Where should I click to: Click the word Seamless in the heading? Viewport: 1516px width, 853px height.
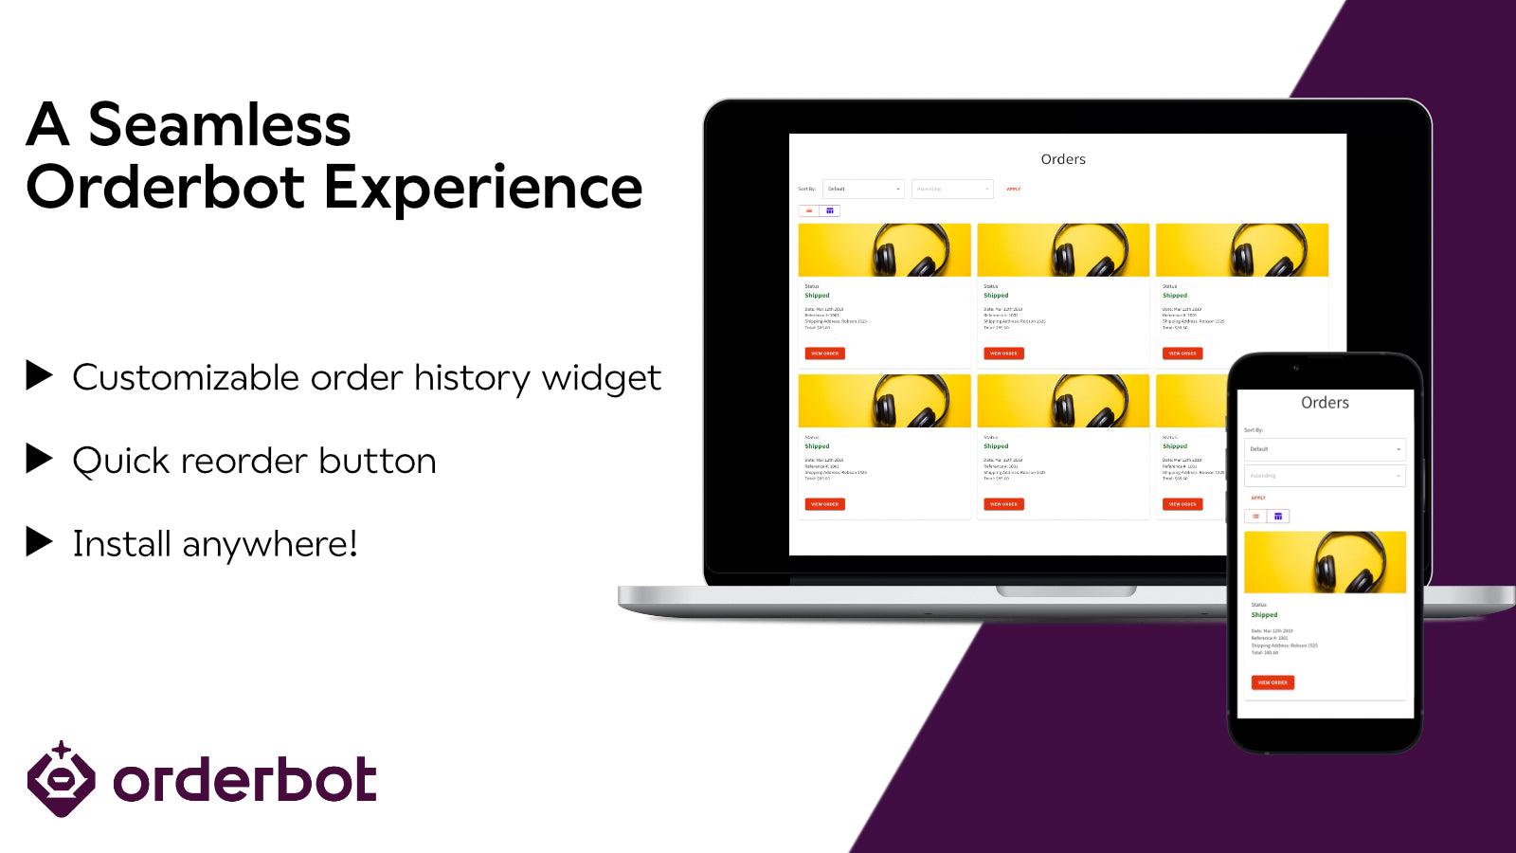219,125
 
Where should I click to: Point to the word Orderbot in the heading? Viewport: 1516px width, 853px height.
166,187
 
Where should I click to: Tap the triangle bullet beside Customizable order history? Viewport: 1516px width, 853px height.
39,375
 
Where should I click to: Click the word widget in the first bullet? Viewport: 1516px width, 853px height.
601,378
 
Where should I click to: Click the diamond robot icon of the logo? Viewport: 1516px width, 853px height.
61,780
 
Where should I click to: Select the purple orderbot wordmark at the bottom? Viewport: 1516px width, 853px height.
244,781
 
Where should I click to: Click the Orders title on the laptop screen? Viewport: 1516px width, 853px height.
1063,159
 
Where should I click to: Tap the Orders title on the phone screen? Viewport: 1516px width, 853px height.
1325,403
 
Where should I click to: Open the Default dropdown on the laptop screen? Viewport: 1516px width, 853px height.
863,189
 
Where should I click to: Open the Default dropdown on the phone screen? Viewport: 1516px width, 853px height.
1325,449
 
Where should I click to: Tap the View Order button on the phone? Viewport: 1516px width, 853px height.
1272,682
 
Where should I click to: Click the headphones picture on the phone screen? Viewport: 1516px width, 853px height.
1325,562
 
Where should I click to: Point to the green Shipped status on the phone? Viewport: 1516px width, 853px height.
1264,615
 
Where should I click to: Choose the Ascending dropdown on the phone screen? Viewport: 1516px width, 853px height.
1325,476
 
